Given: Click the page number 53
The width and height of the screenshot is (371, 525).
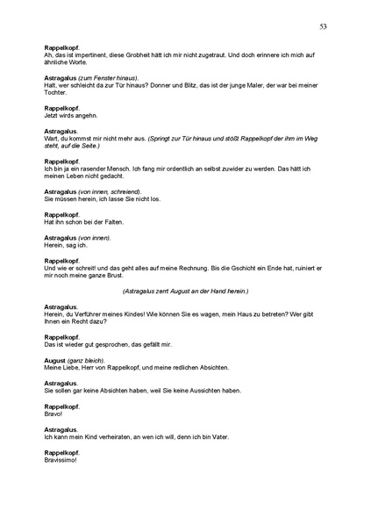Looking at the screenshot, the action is pyautogui.click(x=324, y=27).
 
